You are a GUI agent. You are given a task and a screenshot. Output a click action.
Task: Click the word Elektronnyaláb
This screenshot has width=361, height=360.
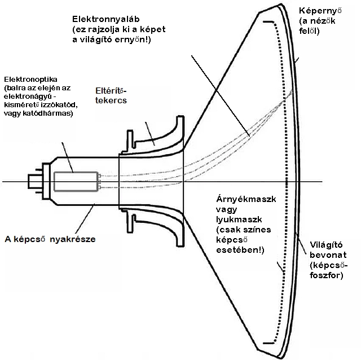pyautogui.click(x=105, y=19)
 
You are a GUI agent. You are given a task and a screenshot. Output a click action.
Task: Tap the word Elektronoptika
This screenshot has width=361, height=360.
pyautogui.click(x=30, y=80)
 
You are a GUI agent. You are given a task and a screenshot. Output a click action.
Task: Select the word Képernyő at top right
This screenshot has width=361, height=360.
pyautogui.click(x=320, y=11)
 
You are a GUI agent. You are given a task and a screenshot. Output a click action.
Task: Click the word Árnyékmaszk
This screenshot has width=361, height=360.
pyautogui.click(x=246, y=199)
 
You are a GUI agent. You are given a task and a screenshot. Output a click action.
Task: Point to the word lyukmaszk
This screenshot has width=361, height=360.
pyautogui.click(x=239, y=219)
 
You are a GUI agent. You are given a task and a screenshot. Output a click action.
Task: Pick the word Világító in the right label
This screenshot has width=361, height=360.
pyautogui.click(x=326, y=244)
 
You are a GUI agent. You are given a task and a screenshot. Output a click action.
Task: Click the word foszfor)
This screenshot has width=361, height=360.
pyautogui.click(x=326, y=275)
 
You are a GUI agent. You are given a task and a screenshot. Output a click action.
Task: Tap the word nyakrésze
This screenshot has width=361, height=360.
pyautogui.click(x=73, y=239)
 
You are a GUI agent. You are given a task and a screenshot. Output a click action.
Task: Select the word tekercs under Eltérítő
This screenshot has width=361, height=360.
pyautogui.click(x=111, y=100)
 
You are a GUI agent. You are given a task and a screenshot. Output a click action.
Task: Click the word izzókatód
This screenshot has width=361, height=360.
pyautogui.click(x=59, y=105)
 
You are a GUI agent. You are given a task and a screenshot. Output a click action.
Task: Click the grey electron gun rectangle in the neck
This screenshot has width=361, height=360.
pyautogui.click(x=76, y=182)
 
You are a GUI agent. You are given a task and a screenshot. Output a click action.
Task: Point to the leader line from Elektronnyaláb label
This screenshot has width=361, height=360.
pyautogui.click(x=221, y=96)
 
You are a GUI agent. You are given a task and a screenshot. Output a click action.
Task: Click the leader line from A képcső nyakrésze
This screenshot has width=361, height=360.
pyautogui.click(x=85, y=218)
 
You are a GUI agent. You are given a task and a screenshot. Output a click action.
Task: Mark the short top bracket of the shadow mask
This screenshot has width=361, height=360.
pyautogui.click(x=268, y=22)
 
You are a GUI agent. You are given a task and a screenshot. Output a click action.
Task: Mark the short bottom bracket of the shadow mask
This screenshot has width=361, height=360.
pyautogui.click(x=268, y=343)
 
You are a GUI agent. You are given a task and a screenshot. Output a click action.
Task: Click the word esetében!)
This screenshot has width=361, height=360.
pyautogui.click(x=240, y=250)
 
